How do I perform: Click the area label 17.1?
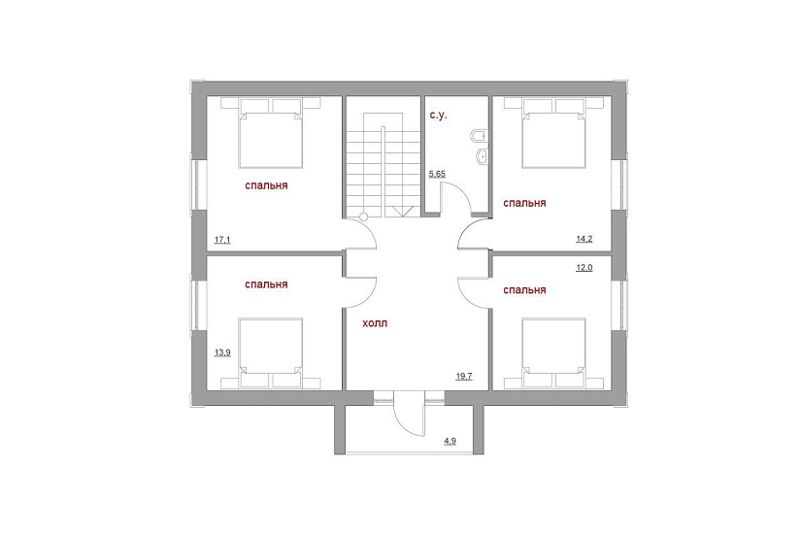point(222,239)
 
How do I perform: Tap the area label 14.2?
point(584,239)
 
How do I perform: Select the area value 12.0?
point(584,267)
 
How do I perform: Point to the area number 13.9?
point(222,352)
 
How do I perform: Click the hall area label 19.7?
point(464,377)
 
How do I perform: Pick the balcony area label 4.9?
point(451,441)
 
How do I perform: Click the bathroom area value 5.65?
point(437,174)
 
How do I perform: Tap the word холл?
point(375,323)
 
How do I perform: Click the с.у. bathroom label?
point(438,116)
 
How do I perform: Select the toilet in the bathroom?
point(480,136)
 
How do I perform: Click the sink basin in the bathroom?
point(482,156)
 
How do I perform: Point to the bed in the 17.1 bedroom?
point(270,133)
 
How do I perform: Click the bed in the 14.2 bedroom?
point(553,133)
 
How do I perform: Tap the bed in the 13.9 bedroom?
point(270,353)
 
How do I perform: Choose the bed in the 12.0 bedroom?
point(553,353)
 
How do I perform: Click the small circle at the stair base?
point(364,217)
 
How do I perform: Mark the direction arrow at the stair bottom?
point(403,212)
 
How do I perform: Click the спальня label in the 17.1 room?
point(266,186)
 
